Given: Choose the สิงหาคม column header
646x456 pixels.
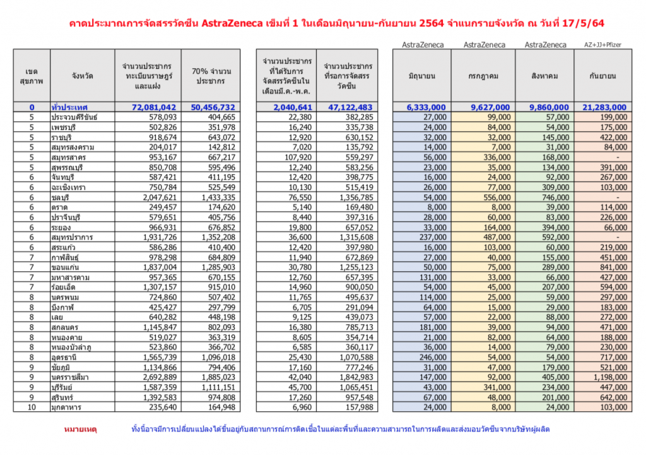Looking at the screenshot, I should click(546, 76).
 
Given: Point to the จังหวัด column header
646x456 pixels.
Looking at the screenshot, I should click(83, 76).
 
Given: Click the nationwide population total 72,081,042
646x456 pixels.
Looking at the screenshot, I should click(150, 108).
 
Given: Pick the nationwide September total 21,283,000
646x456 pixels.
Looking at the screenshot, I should click(602, 108).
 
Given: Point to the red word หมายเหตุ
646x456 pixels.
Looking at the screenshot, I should click(81, 430).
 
